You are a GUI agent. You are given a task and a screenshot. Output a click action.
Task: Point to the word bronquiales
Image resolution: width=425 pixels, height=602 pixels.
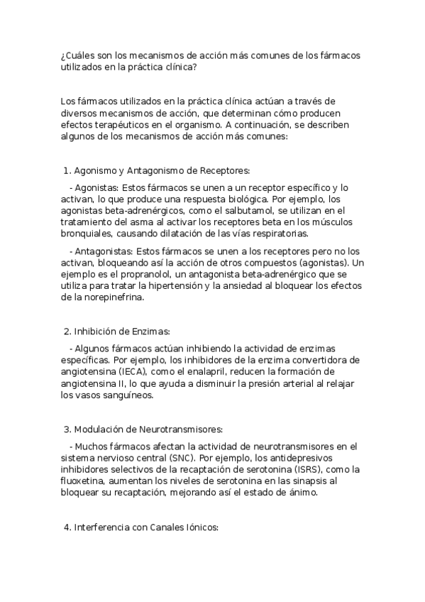click(87, 234)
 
